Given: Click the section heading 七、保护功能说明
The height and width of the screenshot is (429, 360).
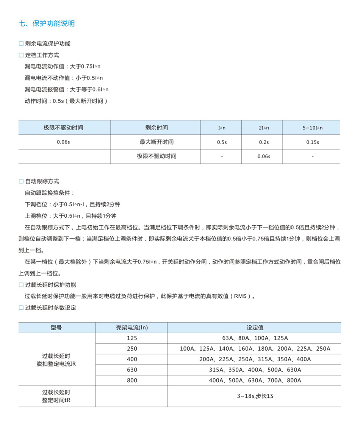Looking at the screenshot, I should [47, 23].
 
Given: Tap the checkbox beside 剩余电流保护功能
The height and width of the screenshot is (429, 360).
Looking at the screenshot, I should [21, 44].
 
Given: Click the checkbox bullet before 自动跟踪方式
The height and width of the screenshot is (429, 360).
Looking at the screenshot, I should [21, 181].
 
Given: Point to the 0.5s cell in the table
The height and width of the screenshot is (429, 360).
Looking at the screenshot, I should [222, 142].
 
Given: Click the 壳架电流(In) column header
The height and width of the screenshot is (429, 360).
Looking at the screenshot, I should [132, 328].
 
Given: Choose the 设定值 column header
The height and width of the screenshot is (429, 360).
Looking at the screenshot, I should [255, 328].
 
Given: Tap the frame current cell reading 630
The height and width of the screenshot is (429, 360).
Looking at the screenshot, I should [132, 370].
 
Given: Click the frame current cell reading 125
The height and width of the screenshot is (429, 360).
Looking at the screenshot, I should [132, 338].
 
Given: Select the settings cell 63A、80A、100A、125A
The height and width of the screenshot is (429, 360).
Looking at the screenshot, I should [255, 338].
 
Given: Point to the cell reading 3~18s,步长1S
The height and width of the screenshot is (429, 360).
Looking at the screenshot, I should [255, 396].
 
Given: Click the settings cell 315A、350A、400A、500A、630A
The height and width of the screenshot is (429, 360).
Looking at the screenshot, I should [255, 370].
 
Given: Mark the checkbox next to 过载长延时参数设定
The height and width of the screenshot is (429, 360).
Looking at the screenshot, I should [21, 308].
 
